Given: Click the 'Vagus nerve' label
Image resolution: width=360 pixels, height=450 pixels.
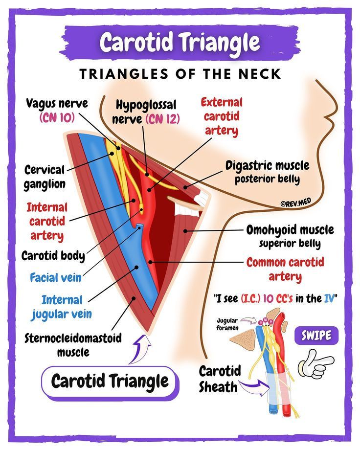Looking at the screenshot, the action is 57,103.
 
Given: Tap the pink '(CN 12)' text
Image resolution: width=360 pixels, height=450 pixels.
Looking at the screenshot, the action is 163,118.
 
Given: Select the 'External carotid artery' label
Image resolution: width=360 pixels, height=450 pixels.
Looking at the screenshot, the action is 222,116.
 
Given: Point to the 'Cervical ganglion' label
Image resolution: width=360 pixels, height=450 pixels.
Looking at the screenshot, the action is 45,177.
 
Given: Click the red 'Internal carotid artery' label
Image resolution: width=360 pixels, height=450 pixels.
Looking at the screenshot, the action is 47,221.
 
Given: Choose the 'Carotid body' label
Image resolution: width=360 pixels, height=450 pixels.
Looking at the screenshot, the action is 53,255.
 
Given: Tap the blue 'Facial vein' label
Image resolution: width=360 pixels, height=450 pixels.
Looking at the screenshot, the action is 56,277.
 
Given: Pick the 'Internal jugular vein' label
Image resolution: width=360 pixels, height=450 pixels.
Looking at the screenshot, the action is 62,307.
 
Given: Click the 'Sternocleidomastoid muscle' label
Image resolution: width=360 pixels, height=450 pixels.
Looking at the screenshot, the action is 73,345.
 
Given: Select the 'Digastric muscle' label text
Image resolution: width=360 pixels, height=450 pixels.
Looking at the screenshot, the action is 267,166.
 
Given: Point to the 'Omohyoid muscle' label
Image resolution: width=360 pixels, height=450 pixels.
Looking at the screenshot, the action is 290,229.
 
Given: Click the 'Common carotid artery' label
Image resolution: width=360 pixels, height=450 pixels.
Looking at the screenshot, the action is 285,269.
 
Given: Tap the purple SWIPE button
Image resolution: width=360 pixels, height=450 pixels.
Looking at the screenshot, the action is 316,335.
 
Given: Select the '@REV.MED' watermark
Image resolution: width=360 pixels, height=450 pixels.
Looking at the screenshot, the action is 296,202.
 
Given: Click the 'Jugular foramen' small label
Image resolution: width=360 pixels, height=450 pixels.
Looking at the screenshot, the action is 227,324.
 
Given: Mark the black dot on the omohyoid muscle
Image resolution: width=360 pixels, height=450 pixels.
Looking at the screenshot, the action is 185,231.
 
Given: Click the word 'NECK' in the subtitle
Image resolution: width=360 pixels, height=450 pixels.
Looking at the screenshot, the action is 260,74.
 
